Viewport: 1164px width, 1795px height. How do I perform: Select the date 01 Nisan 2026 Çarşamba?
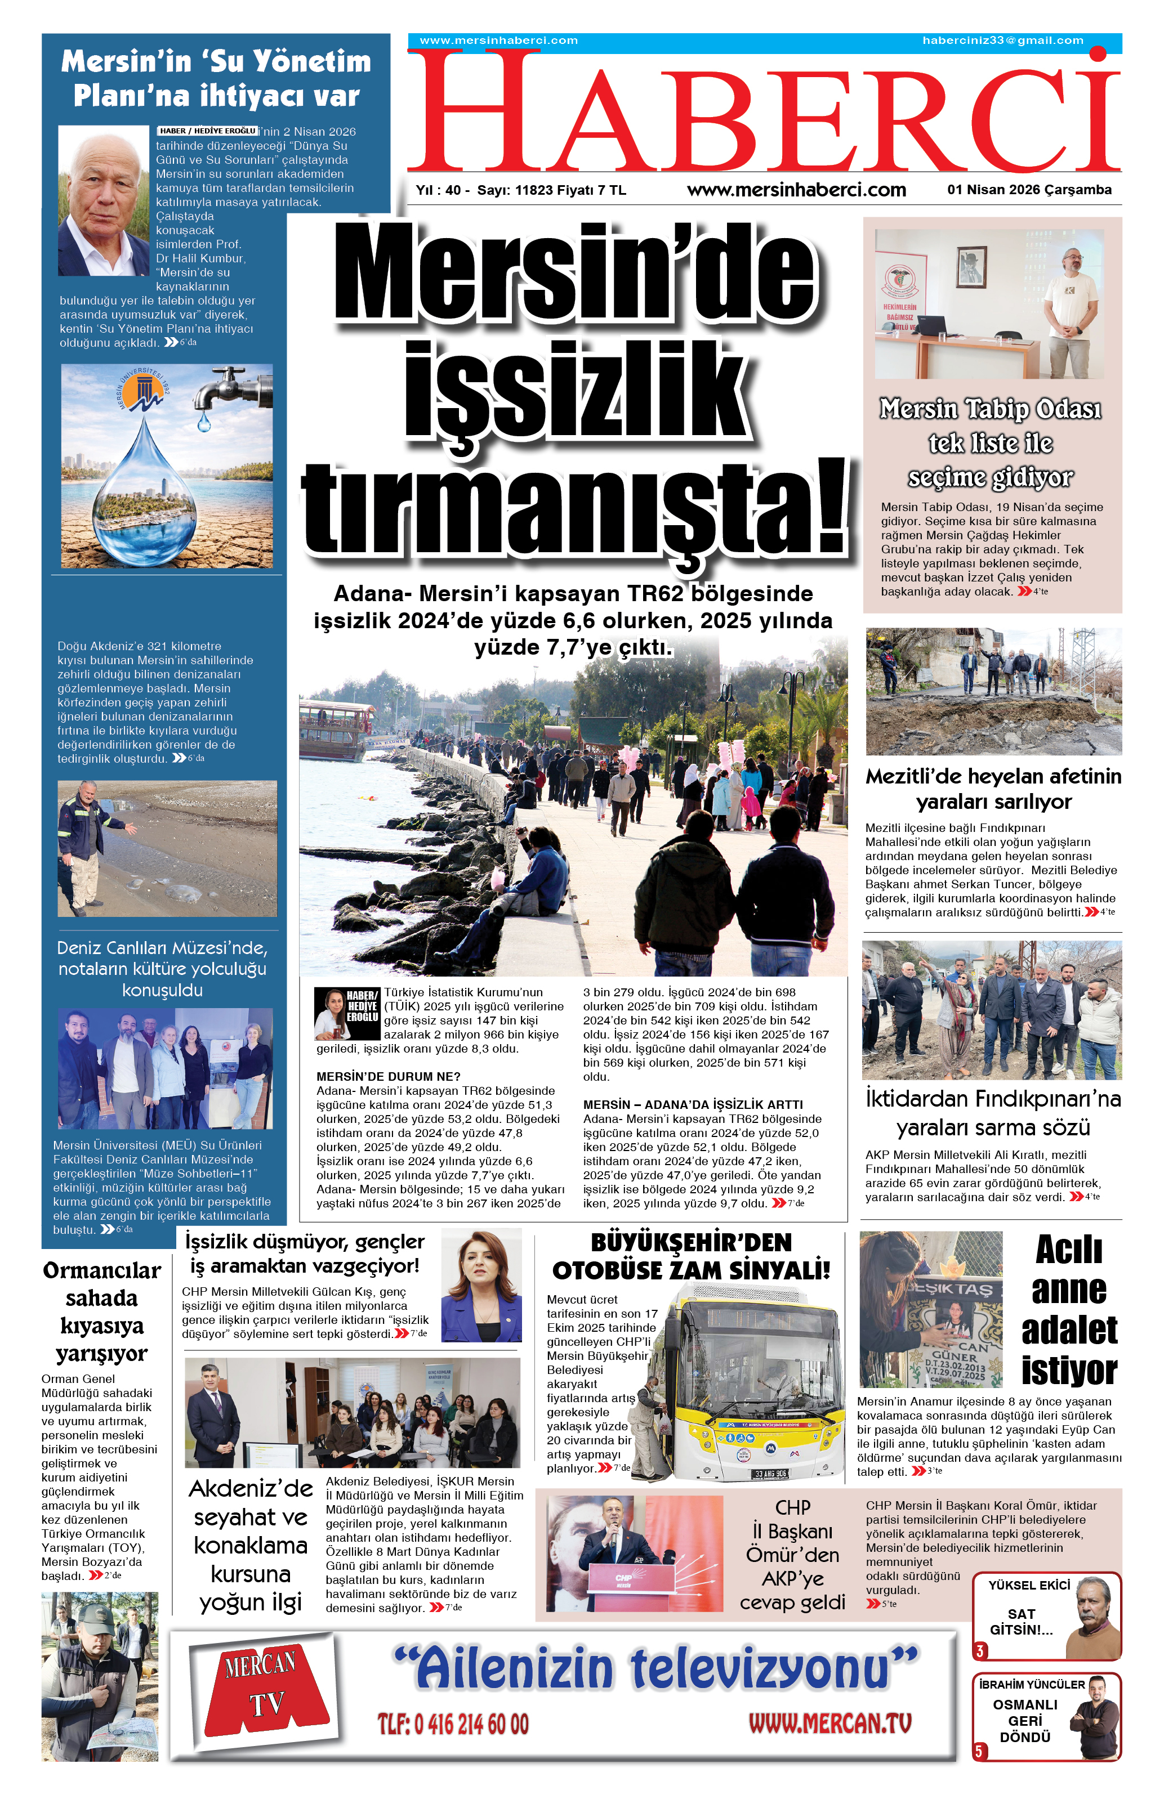coord(1029,190)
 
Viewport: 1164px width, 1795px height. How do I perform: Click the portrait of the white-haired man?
coord(104,200)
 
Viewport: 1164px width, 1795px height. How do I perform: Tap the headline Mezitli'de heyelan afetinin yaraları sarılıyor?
coord(993,789)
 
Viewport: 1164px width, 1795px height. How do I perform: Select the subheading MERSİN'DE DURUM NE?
coord(388,1076)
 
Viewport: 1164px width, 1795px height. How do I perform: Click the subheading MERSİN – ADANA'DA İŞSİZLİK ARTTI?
coord(693,1105)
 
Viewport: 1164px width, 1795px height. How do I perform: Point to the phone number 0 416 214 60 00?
coord(453,1724)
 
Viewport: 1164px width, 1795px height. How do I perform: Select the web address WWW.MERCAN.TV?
coord(830,1724)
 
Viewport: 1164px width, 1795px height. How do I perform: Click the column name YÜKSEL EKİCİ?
coord(1028,1586)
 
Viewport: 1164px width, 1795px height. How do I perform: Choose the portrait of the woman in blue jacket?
coord(480,1284)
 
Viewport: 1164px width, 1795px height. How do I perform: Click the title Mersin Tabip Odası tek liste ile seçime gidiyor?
coord(991,443)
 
